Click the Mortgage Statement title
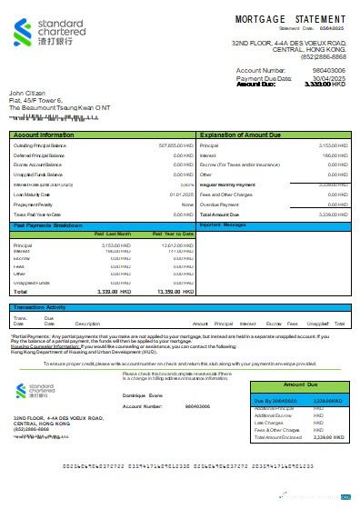click(290, 18)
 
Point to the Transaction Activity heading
click(39, 308)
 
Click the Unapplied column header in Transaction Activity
click(317, 324)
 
